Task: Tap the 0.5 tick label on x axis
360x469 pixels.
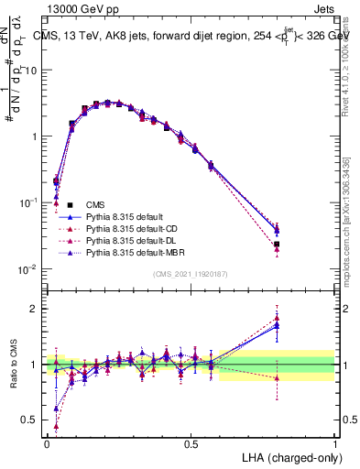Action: point(191,442)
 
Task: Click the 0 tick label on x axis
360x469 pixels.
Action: point(47,442)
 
